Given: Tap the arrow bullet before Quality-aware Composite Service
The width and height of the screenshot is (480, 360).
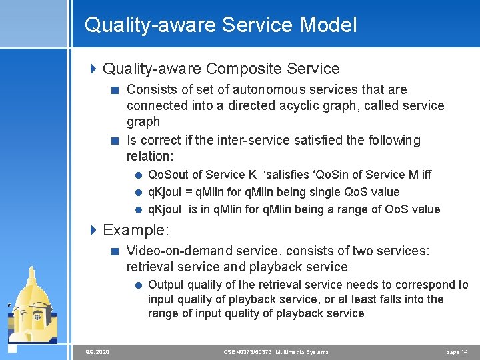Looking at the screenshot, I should pyautogui.click(x=94, y=69).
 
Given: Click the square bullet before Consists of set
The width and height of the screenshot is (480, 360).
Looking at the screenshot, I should pyautogui.click(x=116, y=90).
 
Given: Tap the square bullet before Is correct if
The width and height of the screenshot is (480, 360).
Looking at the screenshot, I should pyautogui.click(x=116, y=141).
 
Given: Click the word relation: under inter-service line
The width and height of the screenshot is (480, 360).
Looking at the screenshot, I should pyautogui.click(x=150, y=156).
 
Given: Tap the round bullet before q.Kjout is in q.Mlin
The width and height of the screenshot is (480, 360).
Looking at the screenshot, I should pyautogui.click(x=138, y=209).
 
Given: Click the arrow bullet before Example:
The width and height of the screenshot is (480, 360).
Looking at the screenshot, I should pyautogui.click(x=94, y=231).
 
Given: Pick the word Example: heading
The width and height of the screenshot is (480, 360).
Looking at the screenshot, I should pyautogui.click(x=136, y=231).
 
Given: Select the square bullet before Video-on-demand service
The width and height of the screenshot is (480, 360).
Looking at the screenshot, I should pyautogui.click(x=116, y=251).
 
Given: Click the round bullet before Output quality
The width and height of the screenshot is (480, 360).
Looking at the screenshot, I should pyautogui.click(x=138, y=285).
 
